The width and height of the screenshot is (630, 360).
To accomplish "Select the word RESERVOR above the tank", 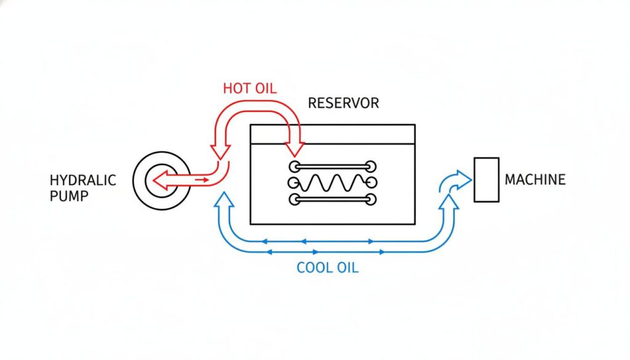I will coord(343,103).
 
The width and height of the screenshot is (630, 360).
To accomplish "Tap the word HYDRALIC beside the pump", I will coord(82,180).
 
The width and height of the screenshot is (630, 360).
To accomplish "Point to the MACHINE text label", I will coord(535,180).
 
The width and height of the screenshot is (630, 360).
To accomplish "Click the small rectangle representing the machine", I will coord(486,179).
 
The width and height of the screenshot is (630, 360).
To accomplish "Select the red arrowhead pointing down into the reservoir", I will coord(294,150).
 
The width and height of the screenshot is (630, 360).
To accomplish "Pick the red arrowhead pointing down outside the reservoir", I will coord(220,151).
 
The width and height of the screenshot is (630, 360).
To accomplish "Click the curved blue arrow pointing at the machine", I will coord(455,180).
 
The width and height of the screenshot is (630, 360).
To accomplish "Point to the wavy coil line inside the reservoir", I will coord(332,183).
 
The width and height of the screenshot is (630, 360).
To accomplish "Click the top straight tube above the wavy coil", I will coord(332,166).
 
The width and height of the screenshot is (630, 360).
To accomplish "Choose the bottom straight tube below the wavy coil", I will coord(332,199).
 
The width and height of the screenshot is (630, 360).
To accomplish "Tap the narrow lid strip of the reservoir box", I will coord(332,135).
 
